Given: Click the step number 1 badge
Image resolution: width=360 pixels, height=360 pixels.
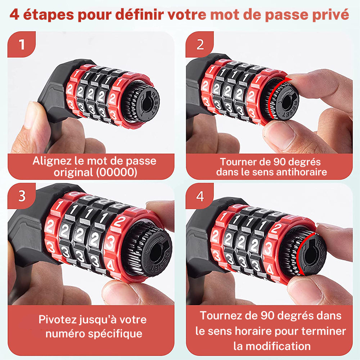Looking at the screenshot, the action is (x=22, y=44).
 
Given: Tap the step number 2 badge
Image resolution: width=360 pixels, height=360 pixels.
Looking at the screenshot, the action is (x=200, y=44).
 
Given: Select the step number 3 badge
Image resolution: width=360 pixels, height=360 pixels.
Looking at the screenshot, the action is (x=22, y=196).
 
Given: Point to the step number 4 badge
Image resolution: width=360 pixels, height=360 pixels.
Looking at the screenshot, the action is (x=200, y=196).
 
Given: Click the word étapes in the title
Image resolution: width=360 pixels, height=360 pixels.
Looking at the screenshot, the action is (x=49, y=15).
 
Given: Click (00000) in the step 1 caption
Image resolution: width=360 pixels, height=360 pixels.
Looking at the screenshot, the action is (x=117, y=172).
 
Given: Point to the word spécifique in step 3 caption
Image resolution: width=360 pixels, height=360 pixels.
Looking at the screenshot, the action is (x=115, y=334).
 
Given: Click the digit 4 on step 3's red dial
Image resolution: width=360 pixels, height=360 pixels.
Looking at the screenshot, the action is (x=111, y=266).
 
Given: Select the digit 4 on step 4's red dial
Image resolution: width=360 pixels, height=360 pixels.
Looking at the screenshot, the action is (x=270, y=270).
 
